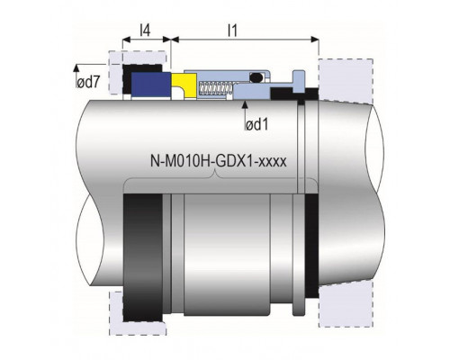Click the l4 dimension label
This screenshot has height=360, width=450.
145,31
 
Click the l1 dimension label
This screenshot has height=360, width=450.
232,31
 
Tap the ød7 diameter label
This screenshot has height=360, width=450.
88,82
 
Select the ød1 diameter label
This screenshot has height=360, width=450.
256,124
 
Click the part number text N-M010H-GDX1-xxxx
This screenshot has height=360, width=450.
219,161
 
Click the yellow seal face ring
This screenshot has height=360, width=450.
184,85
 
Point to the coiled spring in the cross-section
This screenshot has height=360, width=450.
216,88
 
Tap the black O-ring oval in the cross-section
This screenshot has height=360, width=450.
256,77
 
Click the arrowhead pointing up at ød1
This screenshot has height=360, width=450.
245,104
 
